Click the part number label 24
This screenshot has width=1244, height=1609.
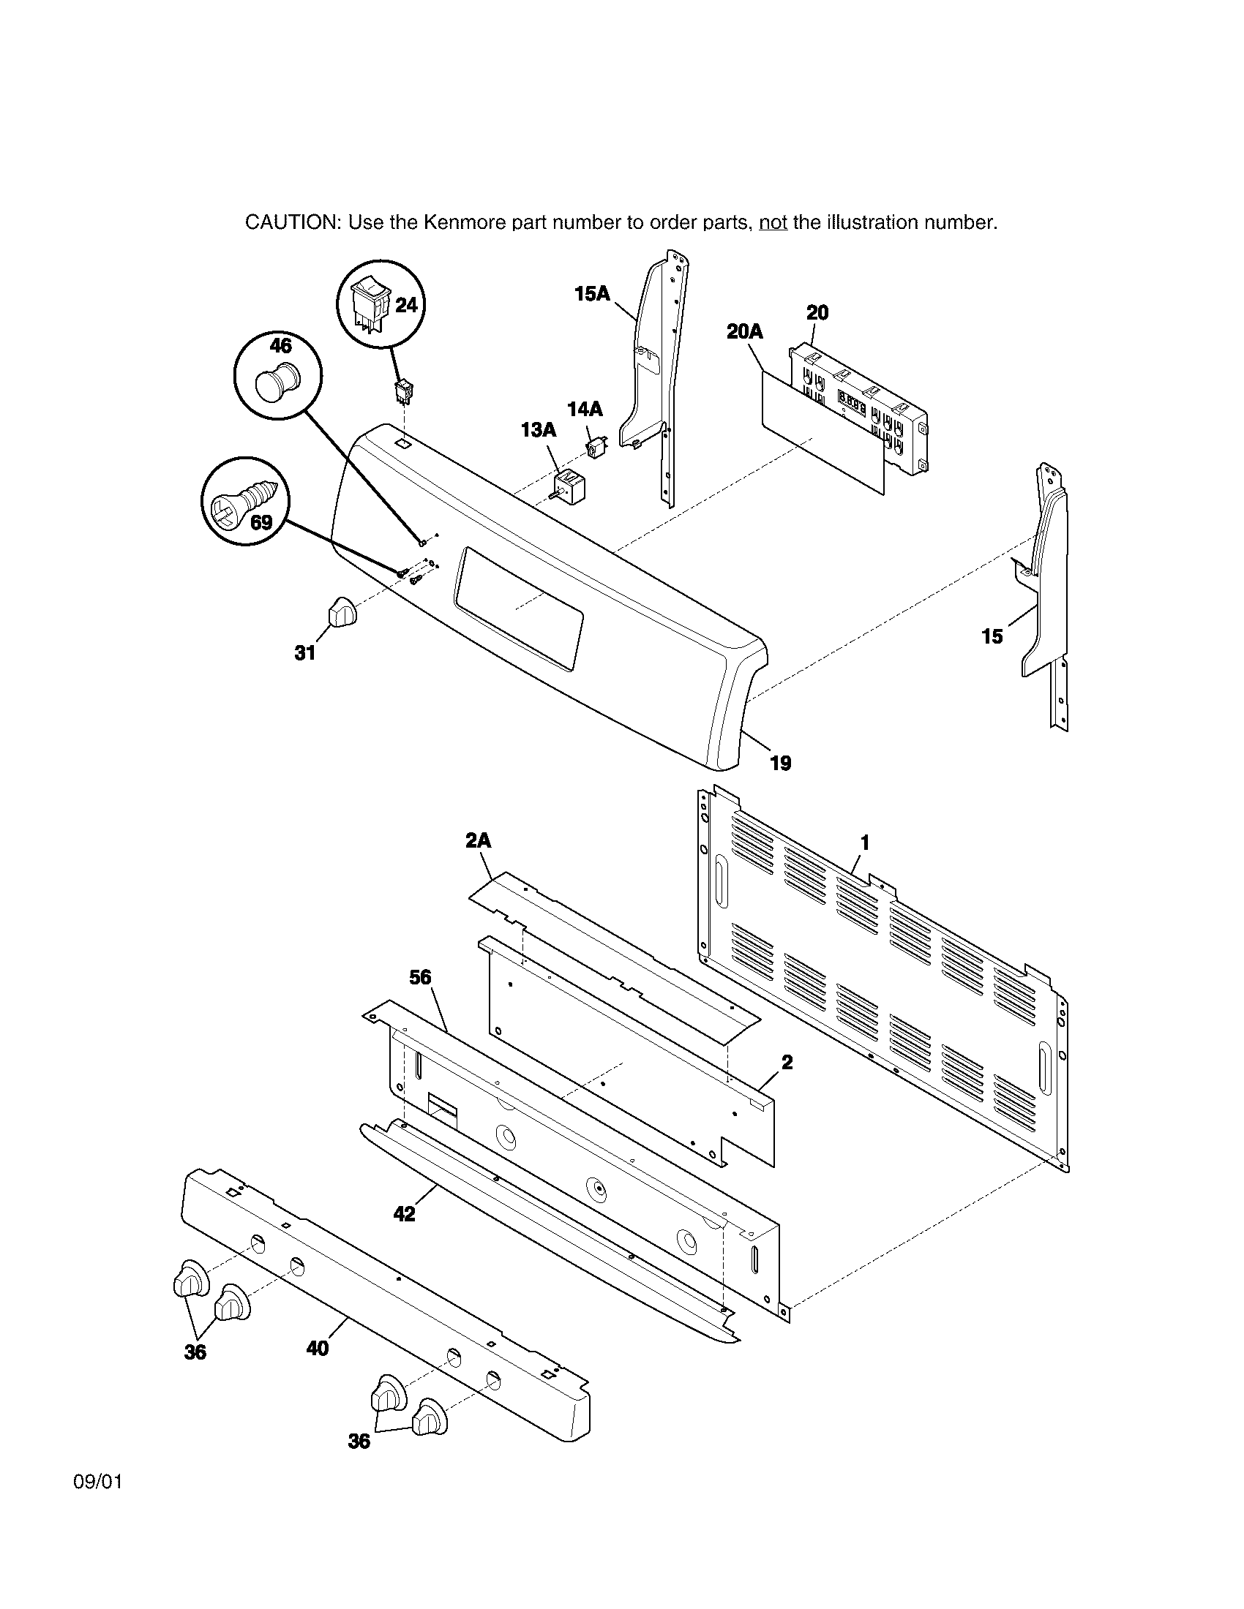pos(406,305)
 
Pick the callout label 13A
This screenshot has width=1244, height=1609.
pos(538,430)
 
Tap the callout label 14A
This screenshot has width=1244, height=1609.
pos(585,410)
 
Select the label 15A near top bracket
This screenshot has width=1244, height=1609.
pos(592,294)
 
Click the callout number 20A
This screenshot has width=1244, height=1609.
pos(744,331)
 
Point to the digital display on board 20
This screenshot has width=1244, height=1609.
pos(852,403)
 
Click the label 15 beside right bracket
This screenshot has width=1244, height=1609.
pos(992,636)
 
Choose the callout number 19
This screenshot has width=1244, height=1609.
pos(781,764)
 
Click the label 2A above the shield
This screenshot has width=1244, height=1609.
pos(479,840)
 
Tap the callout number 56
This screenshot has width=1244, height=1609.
pos(420,978)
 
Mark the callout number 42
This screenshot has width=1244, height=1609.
pos(405,1213)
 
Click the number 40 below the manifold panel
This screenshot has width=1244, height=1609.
pos(317,1347)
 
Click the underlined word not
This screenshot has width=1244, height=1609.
pos(773,222)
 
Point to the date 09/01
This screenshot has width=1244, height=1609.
pos(97,1482)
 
